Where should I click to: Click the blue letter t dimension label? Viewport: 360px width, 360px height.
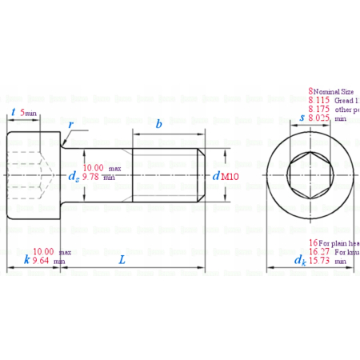pos(14,112)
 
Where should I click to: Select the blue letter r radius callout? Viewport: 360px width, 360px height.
pos(72,125)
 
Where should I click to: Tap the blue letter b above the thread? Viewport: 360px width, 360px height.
pos(159,124)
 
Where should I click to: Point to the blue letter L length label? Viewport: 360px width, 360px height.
pos(122,259)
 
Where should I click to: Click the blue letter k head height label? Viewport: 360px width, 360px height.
pos(26,259)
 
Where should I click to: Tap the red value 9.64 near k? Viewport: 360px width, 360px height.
pos(43,261)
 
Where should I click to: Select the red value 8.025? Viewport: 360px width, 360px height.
pos(320,118)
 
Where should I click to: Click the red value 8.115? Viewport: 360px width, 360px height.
pos(320,101)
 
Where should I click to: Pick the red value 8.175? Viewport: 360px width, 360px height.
pos(320,110)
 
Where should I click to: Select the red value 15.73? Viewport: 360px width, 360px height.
pos(320,261)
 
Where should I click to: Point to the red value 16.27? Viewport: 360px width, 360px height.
pos(320,251)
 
